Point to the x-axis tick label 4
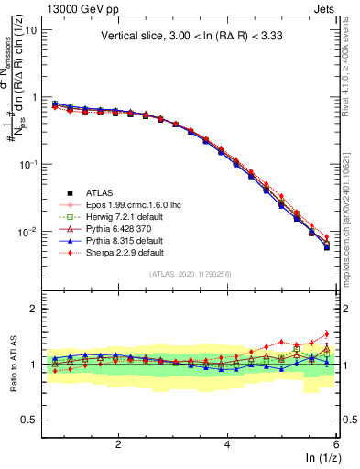(227, 444)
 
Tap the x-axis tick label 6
(336, 444)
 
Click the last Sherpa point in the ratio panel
(326, 333)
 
